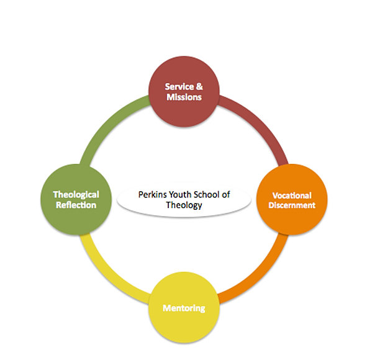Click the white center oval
point(184,200)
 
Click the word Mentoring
point(184,308)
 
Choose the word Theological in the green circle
point(76,195)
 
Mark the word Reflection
point(75,205)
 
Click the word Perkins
point(152,195)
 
